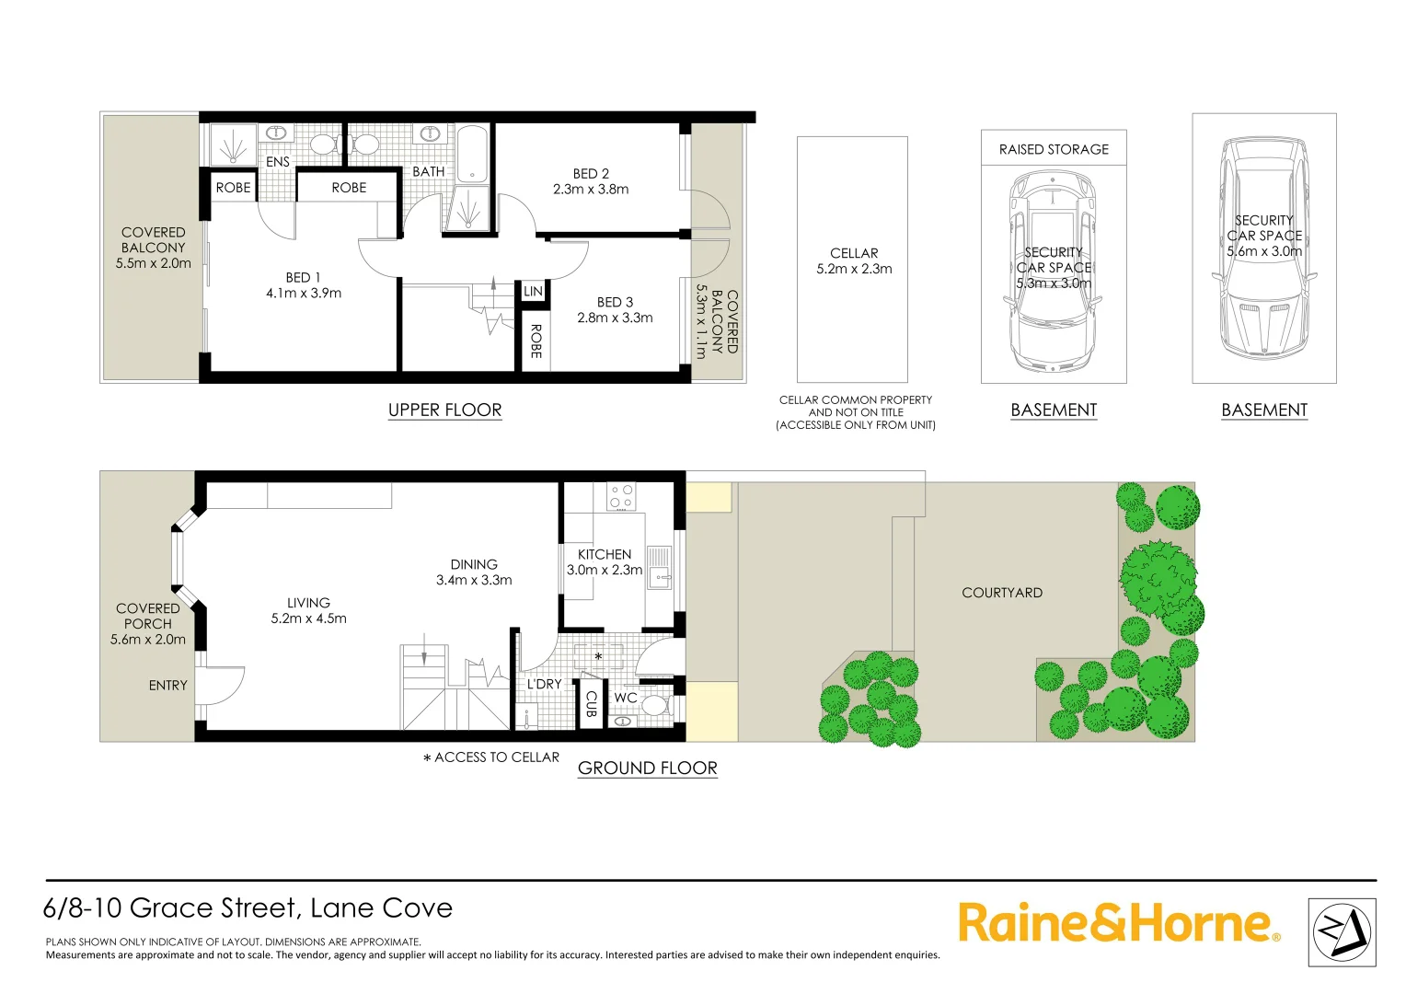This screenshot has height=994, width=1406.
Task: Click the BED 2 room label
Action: coord(591,174)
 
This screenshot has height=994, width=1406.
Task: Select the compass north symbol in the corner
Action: coord(1342,932)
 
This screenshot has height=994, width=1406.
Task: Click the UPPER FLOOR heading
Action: coord(444,410)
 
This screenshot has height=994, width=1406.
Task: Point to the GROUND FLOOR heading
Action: coord(647,769)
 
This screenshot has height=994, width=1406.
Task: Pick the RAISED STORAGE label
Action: coord(1054,149)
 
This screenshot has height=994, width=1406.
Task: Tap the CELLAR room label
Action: coord(854,253)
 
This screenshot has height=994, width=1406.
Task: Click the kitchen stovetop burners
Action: coord(621,497)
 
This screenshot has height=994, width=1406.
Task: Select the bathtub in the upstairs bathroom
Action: coord(472,153)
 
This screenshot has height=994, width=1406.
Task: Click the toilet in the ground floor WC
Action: coord(654,706)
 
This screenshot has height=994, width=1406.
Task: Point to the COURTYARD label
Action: coord(1002,593)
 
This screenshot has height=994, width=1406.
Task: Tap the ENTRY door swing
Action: coord(221,686)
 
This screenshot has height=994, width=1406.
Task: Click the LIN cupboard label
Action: coord(533,292)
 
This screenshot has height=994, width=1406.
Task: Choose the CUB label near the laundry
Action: coord(592,704)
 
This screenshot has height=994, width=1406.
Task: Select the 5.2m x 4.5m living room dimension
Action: coord(308,618)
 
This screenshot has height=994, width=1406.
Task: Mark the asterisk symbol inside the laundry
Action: coord(598,657)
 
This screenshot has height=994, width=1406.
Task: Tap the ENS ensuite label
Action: coord(278,162)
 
